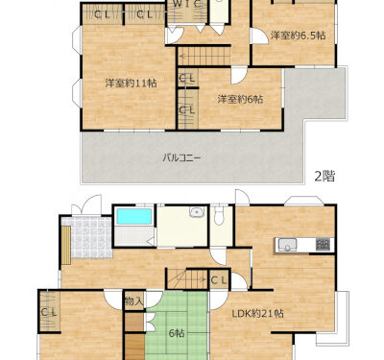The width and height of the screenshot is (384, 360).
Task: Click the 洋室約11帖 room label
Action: [x=132, y=84]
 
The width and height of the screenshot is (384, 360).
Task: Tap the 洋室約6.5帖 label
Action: [x=299, y=36]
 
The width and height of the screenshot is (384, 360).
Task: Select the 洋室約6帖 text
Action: [x=240, y=100]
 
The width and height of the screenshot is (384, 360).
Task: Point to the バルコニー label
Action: [x=182, y=157]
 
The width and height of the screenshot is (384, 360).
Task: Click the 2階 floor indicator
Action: [x=324, y=176]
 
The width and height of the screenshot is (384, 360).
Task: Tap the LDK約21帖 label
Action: [x=258, y=313]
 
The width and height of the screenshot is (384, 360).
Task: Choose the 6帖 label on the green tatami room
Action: [x=177, y=333]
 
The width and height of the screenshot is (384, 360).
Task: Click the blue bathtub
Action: [x=134, y=216]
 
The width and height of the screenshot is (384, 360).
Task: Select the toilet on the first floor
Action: [x=220, y=215]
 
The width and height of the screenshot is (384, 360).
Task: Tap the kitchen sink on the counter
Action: [x=287, y=245]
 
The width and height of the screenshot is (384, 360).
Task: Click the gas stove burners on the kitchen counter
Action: [x=323, y=245]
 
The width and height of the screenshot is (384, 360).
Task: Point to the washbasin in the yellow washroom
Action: [x=197, y=212]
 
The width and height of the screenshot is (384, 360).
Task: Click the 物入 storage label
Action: [x=134, y=301]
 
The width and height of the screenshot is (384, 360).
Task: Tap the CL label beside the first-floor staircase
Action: [x=219, y=280]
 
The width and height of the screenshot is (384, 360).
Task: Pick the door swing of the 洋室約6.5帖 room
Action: [x=259, y=36]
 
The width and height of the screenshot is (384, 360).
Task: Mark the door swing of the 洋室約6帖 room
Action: [x=238, y=76]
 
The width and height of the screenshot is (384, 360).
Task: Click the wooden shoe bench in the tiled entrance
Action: [x=66, y=245]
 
